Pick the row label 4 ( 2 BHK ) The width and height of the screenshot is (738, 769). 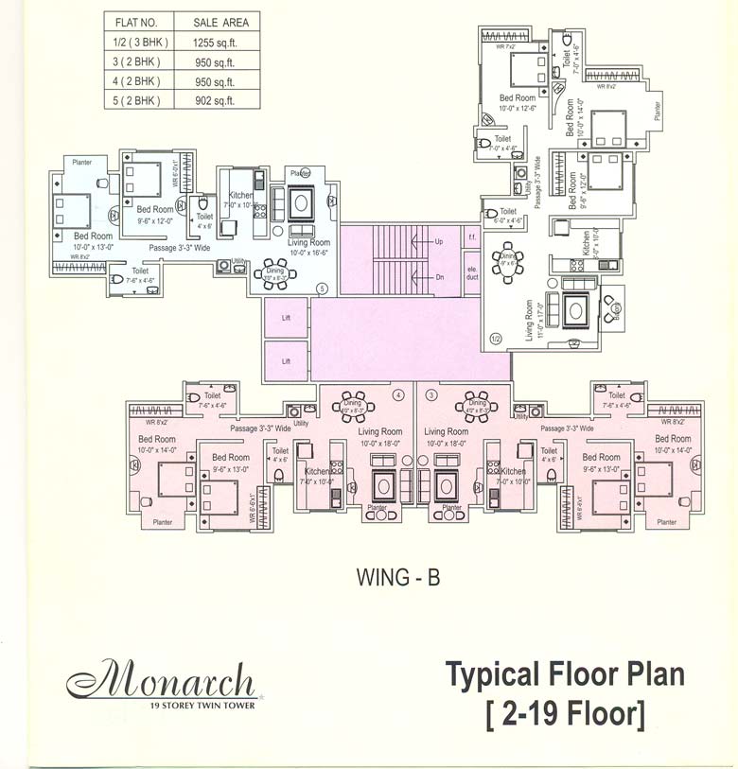coord(134,82)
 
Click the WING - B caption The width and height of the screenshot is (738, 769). coord(397,576)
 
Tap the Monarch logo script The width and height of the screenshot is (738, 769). coord(162,679)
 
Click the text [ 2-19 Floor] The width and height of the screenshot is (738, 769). coord(565,712)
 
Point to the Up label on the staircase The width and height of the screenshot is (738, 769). coord(438,242)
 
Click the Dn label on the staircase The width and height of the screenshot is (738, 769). coord(438,277)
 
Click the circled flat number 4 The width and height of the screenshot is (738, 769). coord(398,393)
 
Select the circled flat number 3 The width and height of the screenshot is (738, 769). coord(431,393)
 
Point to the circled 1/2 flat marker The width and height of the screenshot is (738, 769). coord(496,338)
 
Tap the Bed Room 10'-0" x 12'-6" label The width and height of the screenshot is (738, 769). coord(518,103)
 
